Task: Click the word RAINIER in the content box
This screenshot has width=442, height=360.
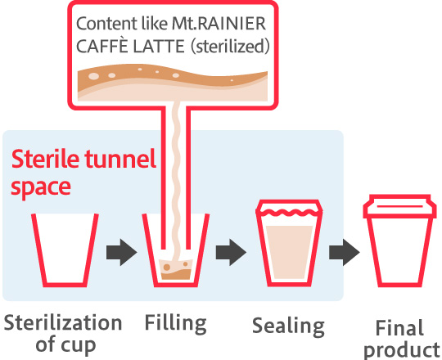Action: pos(231,24)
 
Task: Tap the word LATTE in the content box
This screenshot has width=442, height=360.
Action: pos(159,47)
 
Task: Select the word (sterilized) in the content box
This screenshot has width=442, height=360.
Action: pos(230,47)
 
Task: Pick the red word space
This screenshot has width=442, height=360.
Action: pos(41,188)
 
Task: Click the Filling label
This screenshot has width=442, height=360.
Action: pos(176,323)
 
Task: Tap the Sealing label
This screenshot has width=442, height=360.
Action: pos(288,326)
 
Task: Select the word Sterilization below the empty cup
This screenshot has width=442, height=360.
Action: pos(63,323)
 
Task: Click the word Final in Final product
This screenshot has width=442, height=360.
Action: pos(399,328)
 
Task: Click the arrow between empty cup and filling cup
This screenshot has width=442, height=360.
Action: pos(121,252)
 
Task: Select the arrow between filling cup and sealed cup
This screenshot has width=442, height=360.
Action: pos(231,252)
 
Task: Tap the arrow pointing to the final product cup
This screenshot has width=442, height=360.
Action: pos(344,252)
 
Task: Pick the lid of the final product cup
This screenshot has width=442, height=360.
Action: pos(399,206)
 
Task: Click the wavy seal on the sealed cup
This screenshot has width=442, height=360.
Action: pos(289,213)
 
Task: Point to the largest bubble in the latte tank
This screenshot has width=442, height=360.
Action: pos(93,76)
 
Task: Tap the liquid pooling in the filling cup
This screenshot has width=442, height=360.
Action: pos(176,270)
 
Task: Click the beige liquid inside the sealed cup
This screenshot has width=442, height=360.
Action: pos(289,252)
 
